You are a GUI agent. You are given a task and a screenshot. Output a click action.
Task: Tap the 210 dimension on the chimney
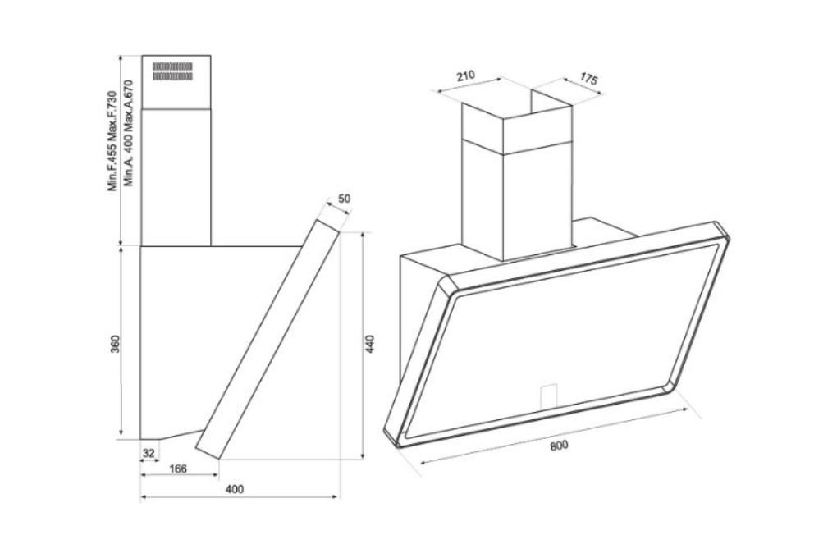point(465,75)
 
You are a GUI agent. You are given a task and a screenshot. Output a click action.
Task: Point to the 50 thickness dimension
point(345,198)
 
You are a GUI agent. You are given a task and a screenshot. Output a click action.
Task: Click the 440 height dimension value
point(370,344)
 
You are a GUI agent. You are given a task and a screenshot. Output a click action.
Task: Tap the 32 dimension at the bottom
point(149,453)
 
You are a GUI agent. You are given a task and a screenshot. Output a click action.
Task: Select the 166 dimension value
point(178,469)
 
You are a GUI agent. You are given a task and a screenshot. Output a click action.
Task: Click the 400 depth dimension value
point(235,489)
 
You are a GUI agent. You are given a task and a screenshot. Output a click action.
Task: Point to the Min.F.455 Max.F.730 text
point(112,141)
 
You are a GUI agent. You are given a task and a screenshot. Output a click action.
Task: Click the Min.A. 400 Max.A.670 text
point(127,133)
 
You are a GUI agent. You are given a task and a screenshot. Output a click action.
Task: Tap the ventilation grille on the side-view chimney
point(172,71)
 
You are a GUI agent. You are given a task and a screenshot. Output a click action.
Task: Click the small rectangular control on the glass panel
point(549,396)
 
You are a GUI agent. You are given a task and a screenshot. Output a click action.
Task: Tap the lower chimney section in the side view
point(176,177)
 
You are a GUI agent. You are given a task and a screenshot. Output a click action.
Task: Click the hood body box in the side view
point(213,341)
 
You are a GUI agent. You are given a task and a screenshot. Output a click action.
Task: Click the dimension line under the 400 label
point(240,497)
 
